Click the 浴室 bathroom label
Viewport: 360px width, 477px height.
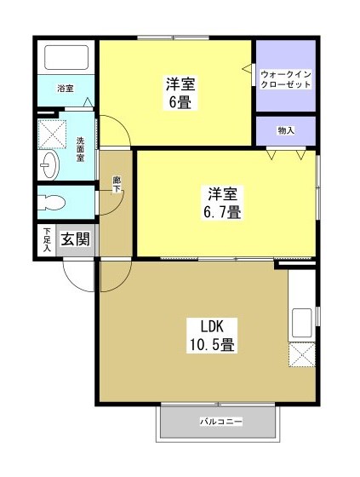66,89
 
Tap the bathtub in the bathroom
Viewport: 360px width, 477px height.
66,58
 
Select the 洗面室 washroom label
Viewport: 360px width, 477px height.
81,150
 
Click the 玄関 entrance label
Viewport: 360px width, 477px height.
75,239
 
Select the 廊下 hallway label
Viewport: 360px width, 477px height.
116,183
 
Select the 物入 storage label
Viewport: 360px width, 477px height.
286,130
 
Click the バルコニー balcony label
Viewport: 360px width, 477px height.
220,422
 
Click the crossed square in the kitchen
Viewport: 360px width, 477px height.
302,354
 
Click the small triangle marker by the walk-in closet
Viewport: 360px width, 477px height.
249,67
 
